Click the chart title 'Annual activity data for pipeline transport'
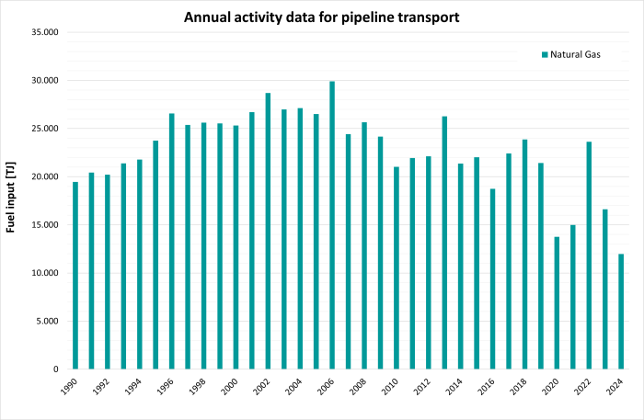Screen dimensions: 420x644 click(322, 17)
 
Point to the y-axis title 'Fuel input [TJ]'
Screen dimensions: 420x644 click(13, 200)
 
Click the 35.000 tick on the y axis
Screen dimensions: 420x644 click(44, 32)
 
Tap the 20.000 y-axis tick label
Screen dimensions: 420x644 click(44, 176)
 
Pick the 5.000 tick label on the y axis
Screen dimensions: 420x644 click(47, 321)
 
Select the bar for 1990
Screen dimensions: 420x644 click(75, 276)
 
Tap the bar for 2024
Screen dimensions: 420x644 click(621, 312)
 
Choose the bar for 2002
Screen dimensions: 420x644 click(268, 231)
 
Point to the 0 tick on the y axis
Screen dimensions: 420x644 click(55, 369)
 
